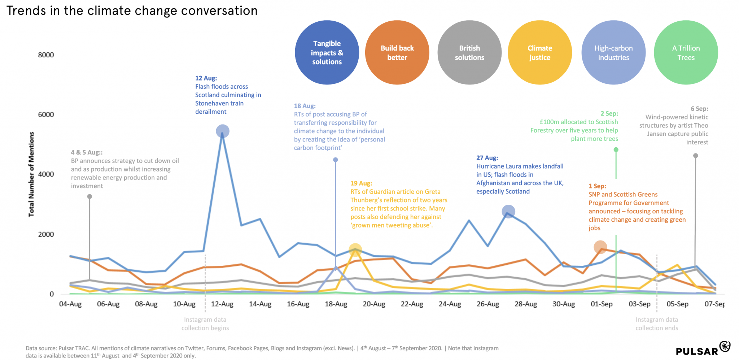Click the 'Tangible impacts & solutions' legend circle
tap(327, 53)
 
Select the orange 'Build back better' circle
tap(397, 53)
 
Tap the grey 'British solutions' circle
tap(469, 53)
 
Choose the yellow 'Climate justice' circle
tap(539, 53)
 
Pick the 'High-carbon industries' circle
tap(613, 53)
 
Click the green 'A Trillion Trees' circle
tap(686, 53)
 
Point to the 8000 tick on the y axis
tap(46, 55)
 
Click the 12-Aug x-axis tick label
tap(222, 304)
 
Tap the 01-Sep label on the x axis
tap(602, 304)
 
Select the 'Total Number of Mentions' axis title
tap(31, 174)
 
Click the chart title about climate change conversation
tap(132, 11)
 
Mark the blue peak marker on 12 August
tap(223, 131)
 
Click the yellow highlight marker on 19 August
tap(355, 250)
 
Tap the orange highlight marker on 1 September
tap(600, 247)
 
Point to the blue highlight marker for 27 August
tap(508, 212)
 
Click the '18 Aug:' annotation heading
tap(305, 106)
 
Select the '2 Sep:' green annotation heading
tap(609, 113)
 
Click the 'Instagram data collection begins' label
tap(205, 324)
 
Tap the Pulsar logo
tap(703, 349)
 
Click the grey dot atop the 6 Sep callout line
tap(695, 156)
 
